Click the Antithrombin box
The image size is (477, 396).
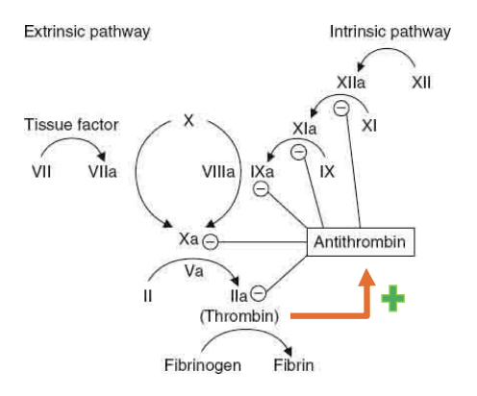(x=362, y=242)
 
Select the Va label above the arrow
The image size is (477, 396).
(x=194, y=272)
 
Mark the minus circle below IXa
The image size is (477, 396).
(x=261, y=189)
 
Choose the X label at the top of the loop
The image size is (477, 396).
(x=188, y=120)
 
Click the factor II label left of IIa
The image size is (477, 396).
(x=148, y=296)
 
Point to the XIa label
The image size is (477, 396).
(x=305, y=128)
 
